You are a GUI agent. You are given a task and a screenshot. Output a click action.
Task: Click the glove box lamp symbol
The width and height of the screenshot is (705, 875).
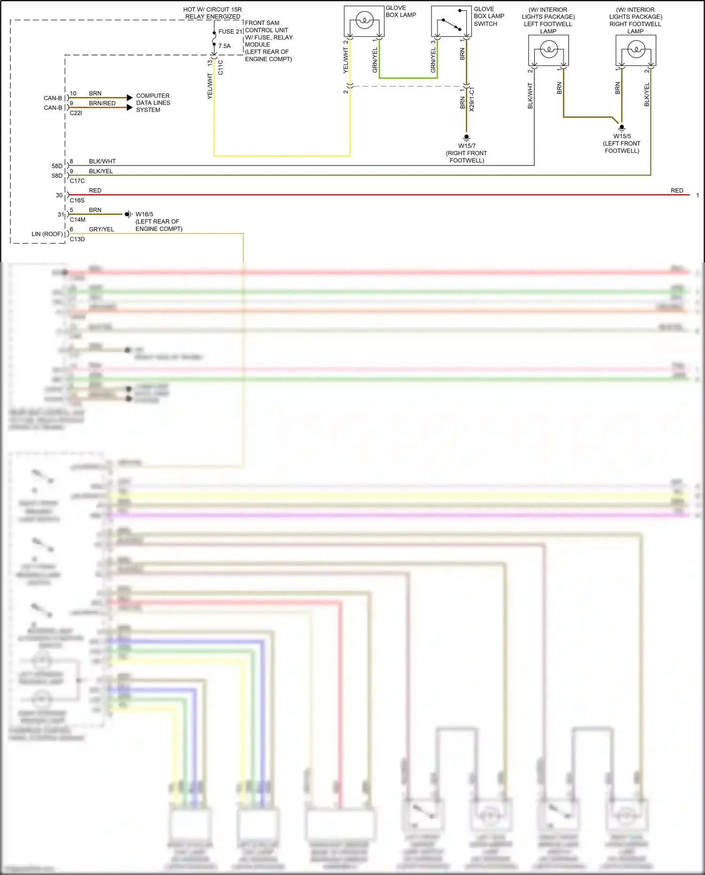364,21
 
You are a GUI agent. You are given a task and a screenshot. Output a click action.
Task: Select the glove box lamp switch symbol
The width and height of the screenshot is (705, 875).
451,22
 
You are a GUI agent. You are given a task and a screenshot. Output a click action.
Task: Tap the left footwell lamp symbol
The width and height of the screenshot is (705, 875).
548,50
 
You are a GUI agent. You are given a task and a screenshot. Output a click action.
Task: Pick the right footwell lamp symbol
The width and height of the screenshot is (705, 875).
636,50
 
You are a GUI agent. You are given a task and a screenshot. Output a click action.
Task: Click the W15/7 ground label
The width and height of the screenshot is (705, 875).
467,146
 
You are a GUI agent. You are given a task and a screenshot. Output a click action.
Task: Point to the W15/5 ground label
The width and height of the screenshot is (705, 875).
622,136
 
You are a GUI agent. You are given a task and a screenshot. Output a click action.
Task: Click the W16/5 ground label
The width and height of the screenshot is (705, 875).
144,214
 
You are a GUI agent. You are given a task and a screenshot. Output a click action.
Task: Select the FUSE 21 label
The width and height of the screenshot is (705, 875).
230,32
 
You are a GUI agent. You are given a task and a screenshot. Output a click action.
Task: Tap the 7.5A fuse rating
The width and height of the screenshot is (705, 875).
225,46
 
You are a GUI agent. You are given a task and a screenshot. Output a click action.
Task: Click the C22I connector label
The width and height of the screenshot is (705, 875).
76,113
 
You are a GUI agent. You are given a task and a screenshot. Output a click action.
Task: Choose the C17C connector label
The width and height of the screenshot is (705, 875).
77,181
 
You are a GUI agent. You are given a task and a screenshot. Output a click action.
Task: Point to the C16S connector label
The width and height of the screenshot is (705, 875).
77,200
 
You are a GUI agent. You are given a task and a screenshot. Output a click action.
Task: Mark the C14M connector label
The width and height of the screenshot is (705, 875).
78,220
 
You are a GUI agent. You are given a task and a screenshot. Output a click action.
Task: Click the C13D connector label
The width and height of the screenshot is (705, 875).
77,239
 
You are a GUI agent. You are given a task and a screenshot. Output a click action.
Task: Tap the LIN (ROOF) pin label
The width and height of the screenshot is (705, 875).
47,234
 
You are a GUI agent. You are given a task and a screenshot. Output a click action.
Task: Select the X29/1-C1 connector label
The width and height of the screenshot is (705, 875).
472,99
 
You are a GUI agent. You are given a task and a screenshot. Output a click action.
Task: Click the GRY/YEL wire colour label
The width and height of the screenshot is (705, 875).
102,229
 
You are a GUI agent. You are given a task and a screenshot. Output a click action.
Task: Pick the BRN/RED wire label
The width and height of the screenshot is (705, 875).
102,103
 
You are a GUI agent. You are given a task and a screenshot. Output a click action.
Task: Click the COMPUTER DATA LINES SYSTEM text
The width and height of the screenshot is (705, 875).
153,103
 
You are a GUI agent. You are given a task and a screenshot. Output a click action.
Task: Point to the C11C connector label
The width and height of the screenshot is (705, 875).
220,67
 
